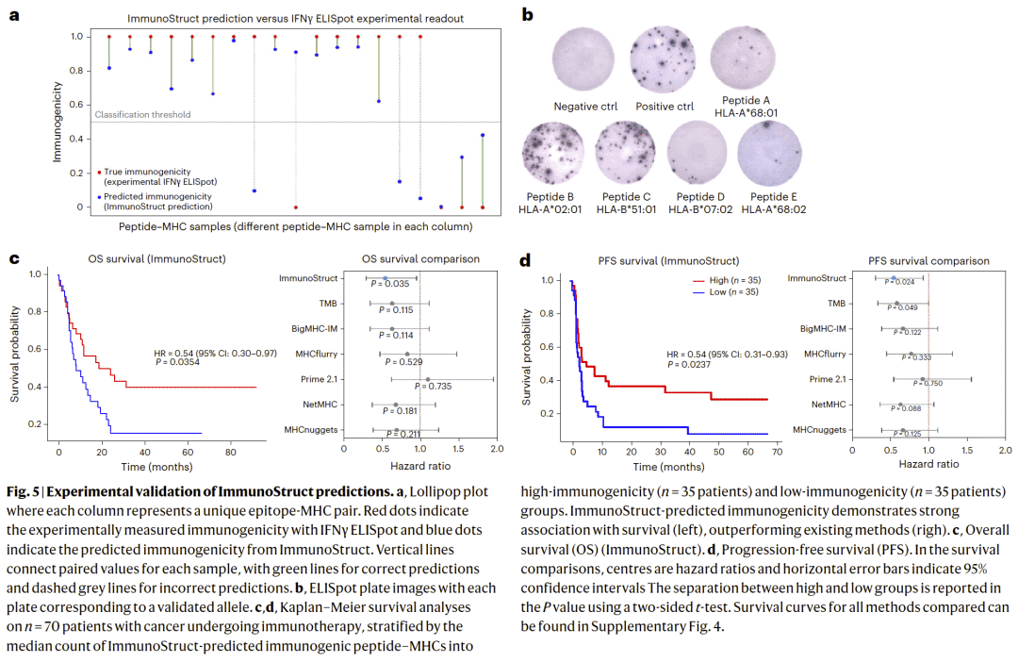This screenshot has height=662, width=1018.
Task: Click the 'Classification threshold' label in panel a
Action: (x=142, y=115)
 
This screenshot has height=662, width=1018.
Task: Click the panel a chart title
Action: (x=282, y=19)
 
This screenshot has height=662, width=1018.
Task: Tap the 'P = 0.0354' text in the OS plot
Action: (x=183, y=362)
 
